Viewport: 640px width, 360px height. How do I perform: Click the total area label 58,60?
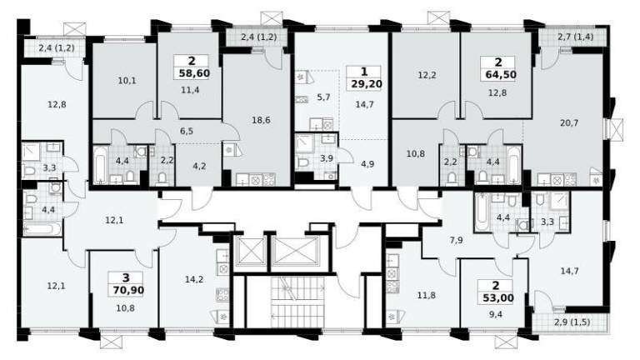[194, 73]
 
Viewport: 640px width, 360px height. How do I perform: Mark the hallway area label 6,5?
[187, 132]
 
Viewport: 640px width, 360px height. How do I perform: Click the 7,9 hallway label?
[456, 240]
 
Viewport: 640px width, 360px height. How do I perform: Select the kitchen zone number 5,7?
[323, 97]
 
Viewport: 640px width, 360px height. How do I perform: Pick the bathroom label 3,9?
[327, 158]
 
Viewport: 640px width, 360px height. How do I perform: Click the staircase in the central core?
[297, 302]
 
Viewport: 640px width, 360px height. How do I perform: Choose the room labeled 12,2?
[427, 75]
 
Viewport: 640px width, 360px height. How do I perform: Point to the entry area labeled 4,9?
[367, 164]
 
